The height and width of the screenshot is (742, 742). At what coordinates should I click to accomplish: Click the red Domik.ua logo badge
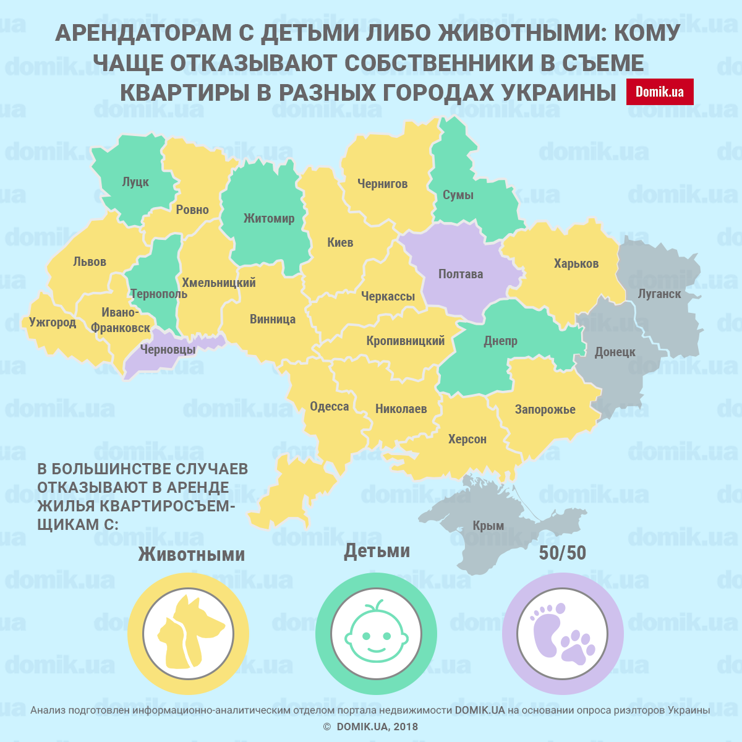coord(660,92)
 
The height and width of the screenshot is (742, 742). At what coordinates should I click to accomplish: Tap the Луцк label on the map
coord(135,182)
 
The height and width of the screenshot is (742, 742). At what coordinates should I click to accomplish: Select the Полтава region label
coord(461,274)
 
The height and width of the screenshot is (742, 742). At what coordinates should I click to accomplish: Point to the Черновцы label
coord(168,349)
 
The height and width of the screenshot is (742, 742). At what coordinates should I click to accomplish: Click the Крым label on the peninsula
coord(488,526)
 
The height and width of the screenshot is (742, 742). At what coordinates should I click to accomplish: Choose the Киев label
coord(340,242)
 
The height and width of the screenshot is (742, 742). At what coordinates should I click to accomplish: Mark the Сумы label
coord(458,195)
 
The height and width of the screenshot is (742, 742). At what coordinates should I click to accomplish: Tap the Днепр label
coord(500,341)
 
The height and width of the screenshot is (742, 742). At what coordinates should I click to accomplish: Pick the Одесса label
coord(330,406)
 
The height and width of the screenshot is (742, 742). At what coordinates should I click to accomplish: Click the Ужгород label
coord(53,322)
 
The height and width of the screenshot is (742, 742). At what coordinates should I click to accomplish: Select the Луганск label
coord(659,294)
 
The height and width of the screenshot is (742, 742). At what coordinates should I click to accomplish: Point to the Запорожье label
coord(545,409)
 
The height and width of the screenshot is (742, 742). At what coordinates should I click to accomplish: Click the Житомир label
coord(269,218)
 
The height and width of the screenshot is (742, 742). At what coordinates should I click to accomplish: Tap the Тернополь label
coord(158,294)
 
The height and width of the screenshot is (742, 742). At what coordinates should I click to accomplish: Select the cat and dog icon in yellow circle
coord(188,634)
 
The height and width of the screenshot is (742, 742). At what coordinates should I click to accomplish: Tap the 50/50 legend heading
coord(562,553)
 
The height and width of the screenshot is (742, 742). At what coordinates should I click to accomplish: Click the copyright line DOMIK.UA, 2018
coord(371,727)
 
